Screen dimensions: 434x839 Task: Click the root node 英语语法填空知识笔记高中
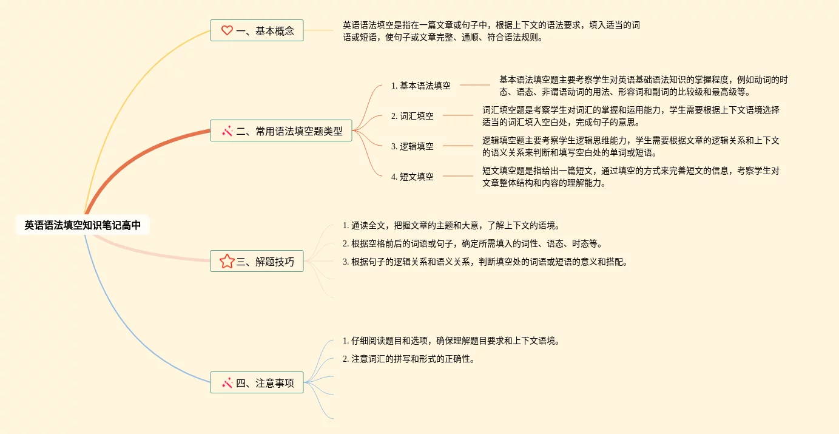click(83, 225)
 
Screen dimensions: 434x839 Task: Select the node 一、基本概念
click(257, 30)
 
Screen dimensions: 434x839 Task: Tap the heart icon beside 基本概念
click(227, 30)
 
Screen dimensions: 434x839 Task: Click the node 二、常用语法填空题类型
click(281, 131)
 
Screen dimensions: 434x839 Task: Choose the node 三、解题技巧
click(257, 261)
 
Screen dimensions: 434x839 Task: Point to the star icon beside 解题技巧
click(227, 261)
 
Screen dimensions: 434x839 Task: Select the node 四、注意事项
click(257, 382)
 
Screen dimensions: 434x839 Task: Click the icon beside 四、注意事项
click(227, 382)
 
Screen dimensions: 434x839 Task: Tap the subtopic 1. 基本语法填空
click(420, 86)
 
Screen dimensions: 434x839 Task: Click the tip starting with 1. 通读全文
click(451, 225)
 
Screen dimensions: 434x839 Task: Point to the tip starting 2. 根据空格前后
click(473, 243)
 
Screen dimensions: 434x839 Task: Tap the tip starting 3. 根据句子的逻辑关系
click(485, 262)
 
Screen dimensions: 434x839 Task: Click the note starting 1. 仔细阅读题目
click(451, 341)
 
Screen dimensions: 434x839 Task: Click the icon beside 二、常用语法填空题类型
click(227, 131)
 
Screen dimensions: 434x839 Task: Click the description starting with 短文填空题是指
click(630, 177)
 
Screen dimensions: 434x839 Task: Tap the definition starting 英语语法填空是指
click(491, 31)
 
